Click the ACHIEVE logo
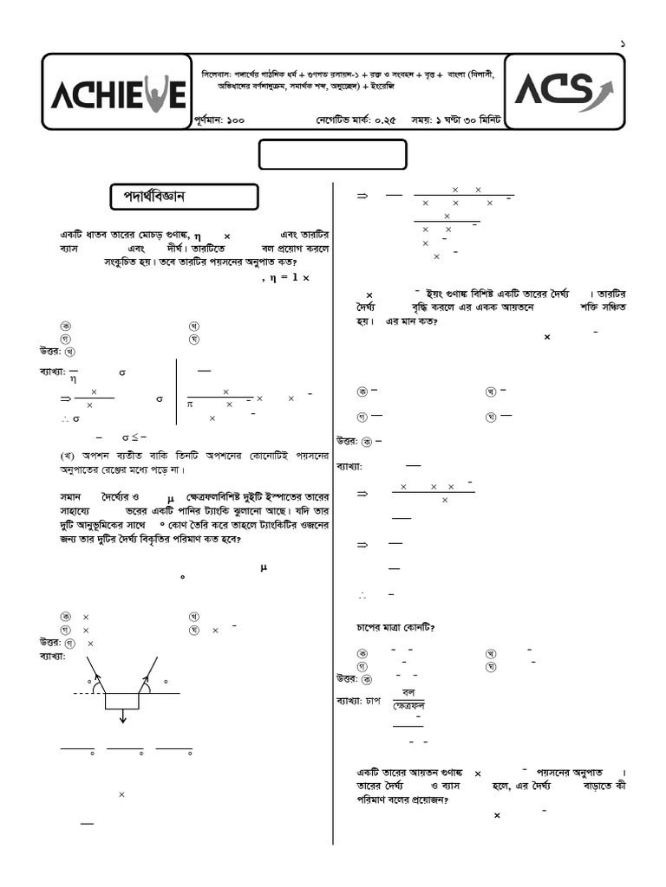[116, 93]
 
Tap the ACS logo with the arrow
[565, 89]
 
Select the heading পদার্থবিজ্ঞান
[148, 197]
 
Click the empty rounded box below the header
[333, 154]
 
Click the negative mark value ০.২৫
[381, 121]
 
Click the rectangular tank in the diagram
[122, 700]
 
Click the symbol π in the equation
[190, 404]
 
